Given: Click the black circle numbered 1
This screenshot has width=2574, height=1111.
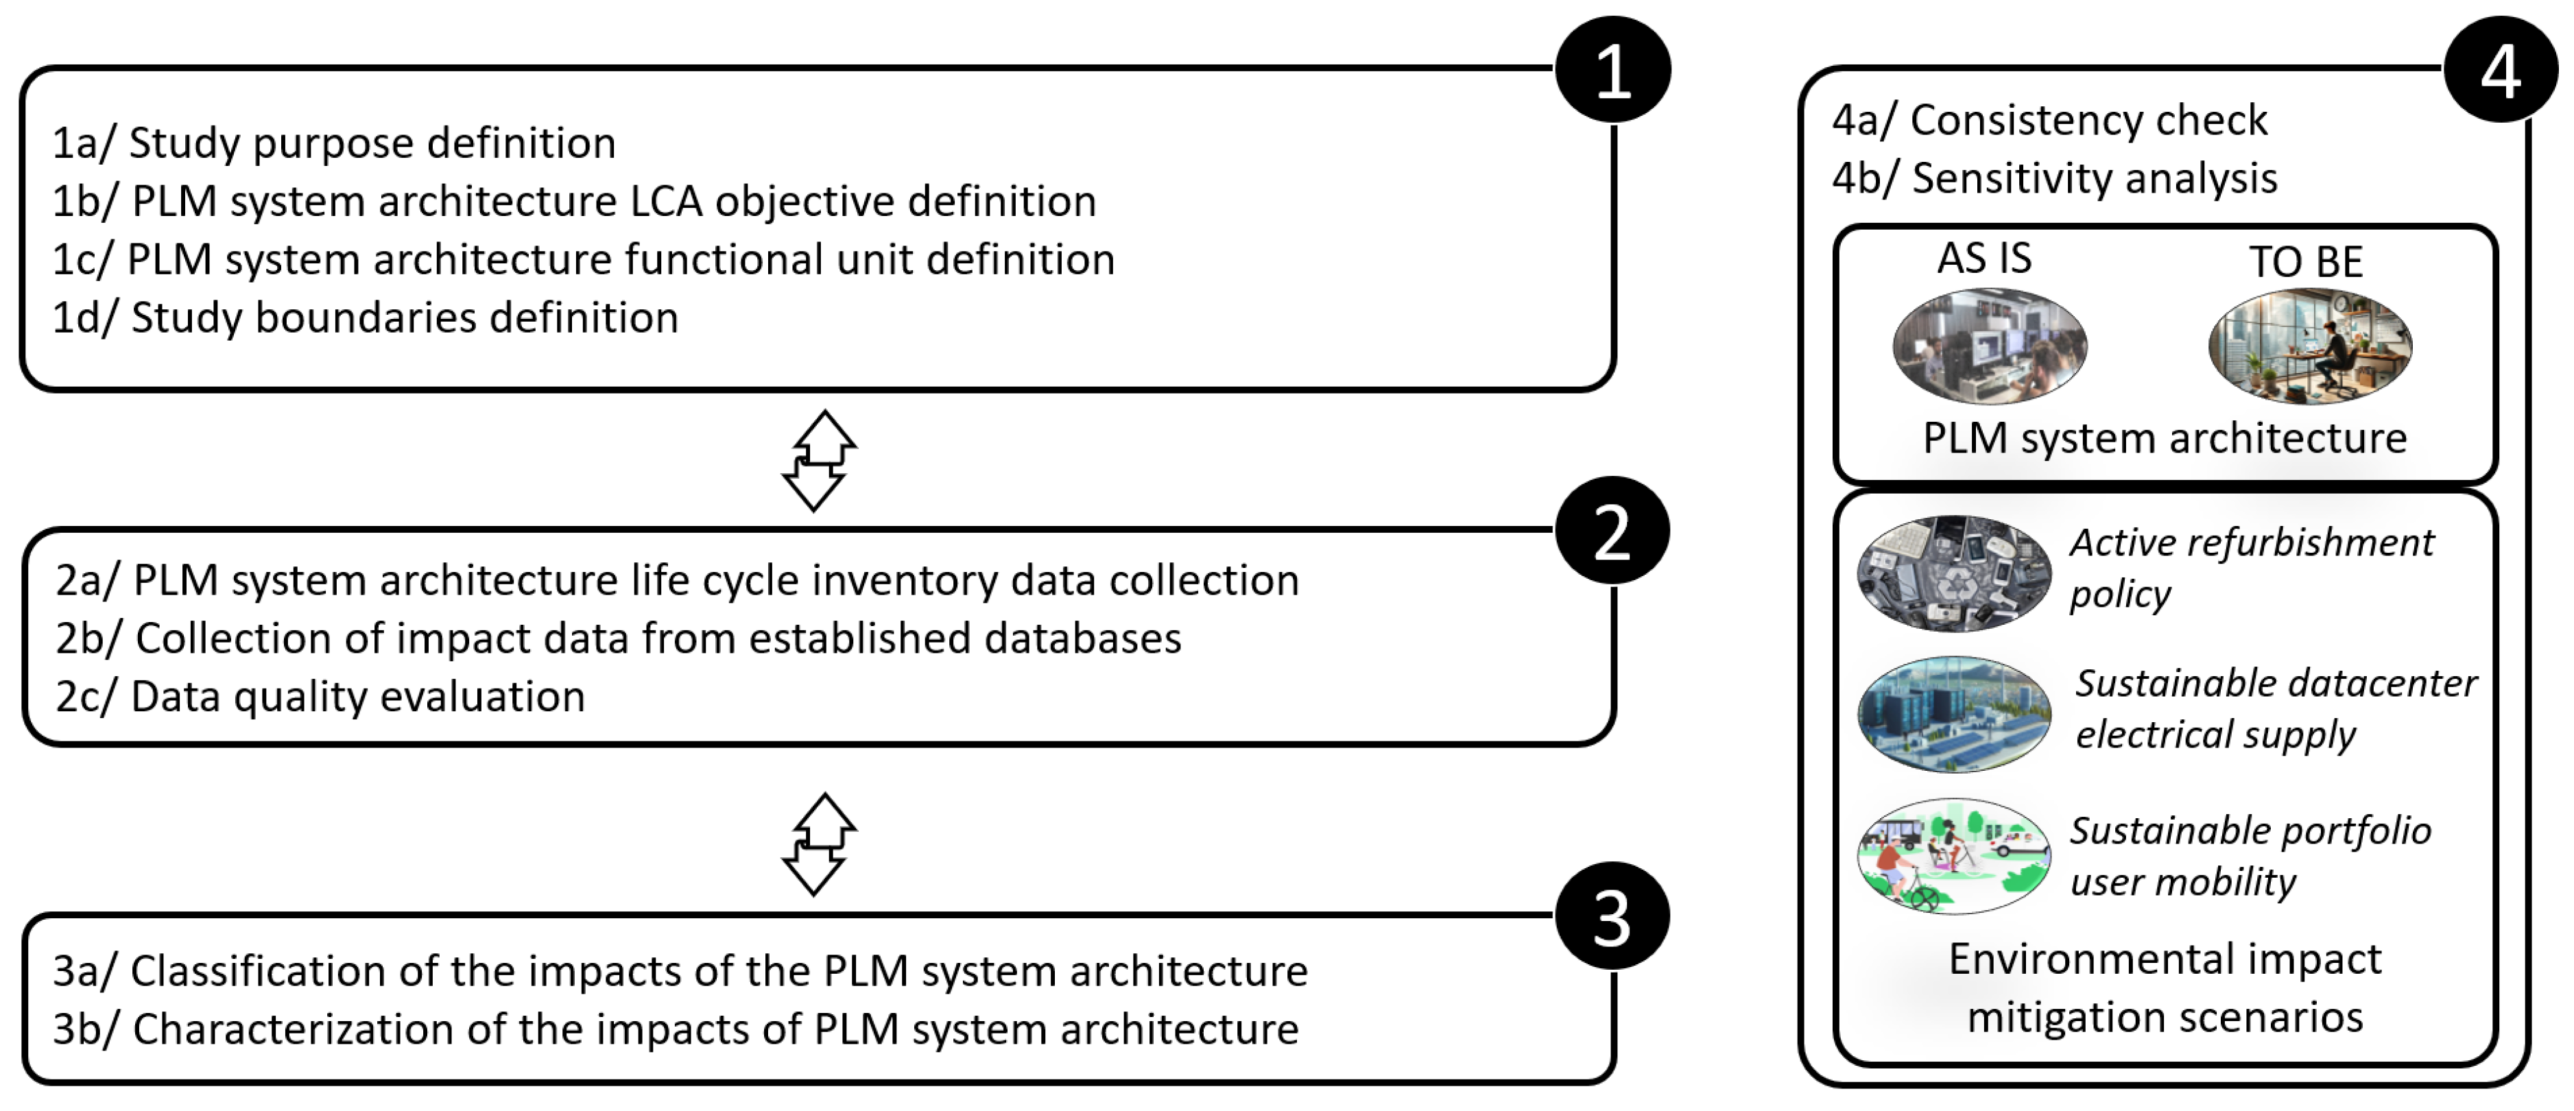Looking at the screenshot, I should (x=1612, y=70).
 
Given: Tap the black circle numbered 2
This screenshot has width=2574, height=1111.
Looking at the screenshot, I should (x=1612, y=531).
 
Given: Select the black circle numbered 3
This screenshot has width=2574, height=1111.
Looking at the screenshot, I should (x=1612, y=916).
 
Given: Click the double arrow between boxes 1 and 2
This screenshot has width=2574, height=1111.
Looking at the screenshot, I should (x=818, y=461).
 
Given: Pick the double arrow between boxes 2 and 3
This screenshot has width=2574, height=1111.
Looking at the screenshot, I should (x=818, y=844).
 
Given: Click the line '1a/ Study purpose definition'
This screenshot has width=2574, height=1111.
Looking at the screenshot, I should (x=334, y=143).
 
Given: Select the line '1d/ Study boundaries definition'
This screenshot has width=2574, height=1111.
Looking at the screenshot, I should (x=365, y=318).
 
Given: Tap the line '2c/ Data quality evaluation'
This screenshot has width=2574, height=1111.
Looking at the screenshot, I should (x=320, y=696).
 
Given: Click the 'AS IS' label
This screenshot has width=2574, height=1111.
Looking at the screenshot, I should (x=1984, y=258).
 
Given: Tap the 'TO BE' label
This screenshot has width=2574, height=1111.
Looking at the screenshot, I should (x=2307, y=262).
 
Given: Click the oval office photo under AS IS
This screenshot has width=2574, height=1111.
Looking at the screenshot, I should (x=1990, y=346).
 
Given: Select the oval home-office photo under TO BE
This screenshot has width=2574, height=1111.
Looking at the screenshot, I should (x=2310, y=346).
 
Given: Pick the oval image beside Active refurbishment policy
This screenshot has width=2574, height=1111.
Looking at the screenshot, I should (x=1953, y=573).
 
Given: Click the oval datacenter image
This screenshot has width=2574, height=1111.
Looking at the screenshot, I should (x=1953, y=713).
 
